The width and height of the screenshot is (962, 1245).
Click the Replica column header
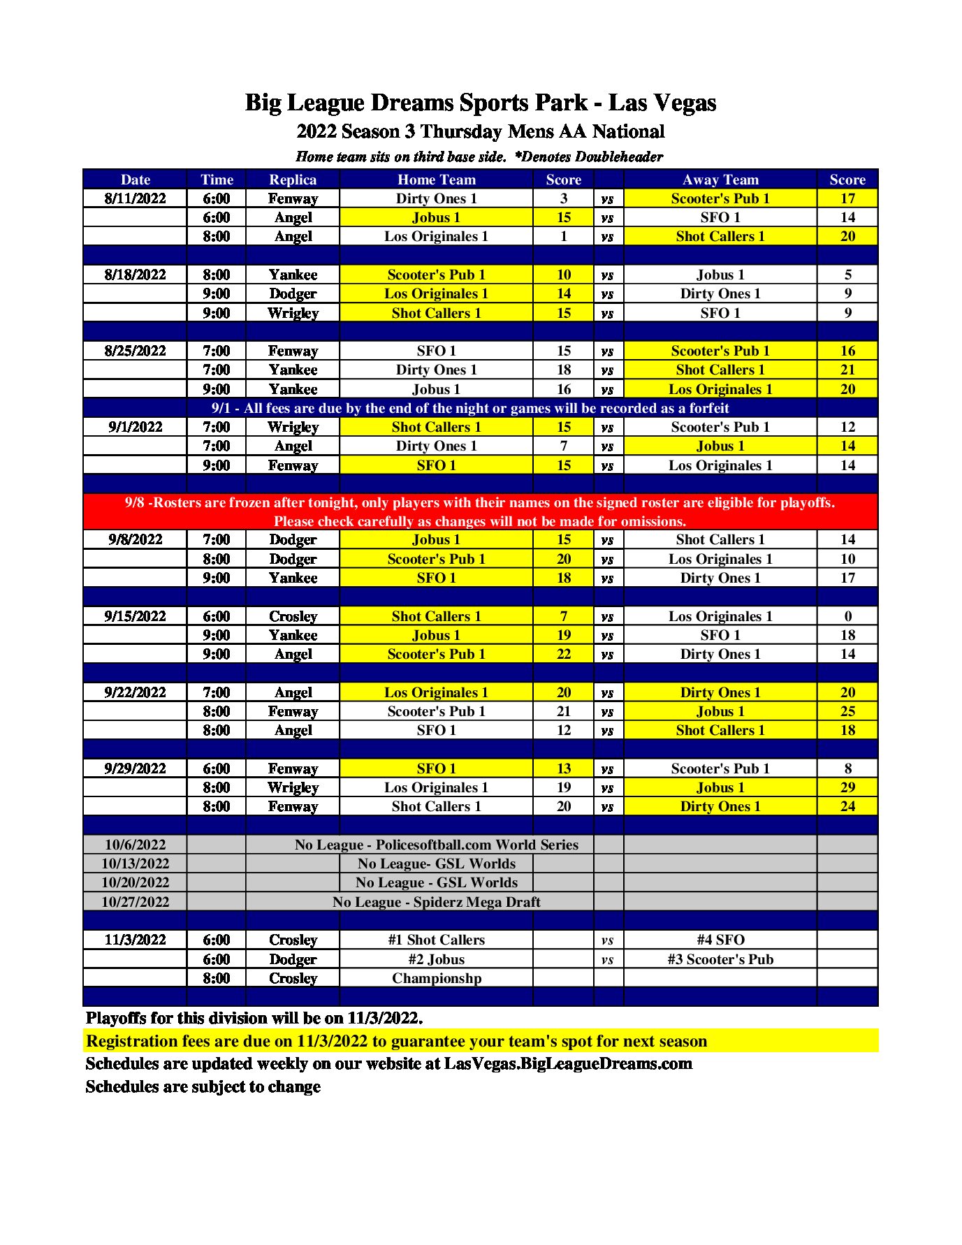pos(293,180)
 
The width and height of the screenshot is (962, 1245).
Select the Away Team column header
pos(720,180)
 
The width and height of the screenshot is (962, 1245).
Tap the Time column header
pos(217,180)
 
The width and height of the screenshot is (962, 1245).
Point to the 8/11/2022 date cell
pos(135,198)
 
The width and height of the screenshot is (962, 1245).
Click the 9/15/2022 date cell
pos(135,616)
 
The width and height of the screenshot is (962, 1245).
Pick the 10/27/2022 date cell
pos(135,902)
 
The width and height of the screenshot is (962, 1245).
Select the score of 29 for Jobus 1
pos(847,787)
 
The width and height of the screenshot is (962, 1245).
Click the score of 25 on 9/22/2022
pos(847,711)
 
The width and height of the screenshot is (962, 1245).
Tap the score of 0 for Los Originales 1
pos(847,616)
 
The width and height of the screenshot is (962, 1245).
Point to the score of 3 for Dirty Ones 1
pos(563,198)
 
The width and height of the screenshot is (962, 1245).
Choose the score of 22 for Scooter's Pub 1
pos(563,654)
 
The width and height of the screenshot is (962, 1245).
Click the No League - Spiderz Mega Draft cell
pos(436,902)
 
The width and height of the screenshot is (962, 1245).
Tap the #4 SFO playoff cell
pos(720,940)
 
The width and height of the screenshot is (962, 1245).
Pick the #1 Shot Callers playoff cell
pos(436,940)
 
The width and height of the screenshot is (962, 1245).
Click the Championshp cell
pos(436,978)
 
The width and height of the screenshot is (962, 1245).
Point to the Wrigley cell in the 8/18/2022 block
pos(293,313)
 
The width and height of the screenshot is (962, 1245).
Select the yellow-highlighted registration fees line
pos(396,1041)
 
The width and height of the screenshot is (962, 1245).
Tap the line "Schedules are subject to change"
pos(203,1086)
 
